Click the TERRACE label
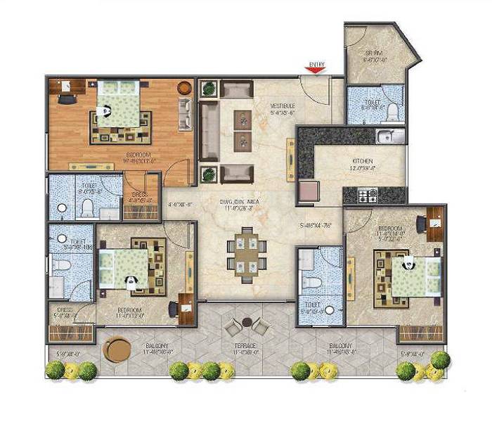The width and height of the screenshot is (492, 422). pos(245,347)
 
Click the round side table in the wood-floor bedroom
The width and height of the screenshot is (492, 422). pos(184,88)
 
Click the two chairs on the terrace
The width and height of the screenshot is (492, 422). pos(245,325)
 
